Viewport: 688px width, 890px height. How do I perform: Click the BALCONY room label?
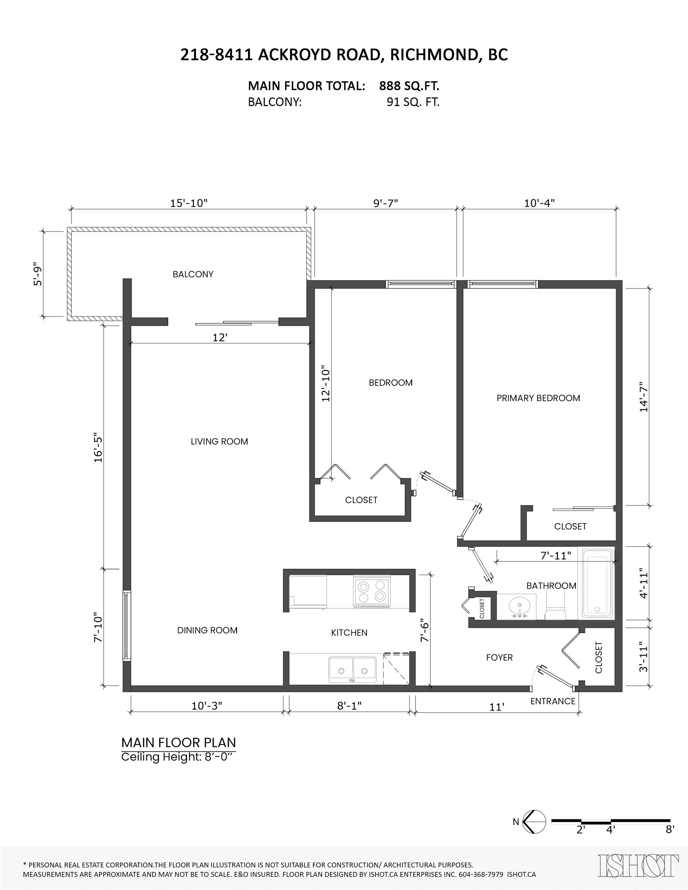tap(193, 274)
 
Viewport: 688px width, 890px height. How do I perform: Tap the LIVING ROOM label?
tap(220, 442)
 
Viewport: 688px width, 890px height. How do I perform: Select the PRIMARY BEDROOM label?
tap(538, 398)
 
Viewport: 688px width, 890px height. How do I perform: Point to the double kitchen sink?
tap(353, 669)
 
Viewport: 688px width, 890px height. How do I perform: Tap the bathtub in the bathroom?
tap(598, 583)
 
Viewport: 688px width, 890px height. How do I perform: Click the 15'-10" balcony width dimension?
tap(189, 203)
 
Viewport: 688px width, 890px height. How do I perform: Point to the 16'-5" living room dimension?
tap(98, 447)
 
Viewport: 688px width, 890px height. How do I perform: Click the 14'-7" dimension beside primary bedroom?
tap(644, 397)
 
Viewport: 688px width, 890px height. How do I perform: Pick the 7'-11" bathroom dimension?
tap(556, 556)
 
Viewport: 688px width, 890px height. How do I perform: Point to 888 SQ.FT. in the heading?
tap(409, 86)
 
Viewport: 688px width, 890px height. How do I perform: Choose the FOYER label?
tap(500, 657)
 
